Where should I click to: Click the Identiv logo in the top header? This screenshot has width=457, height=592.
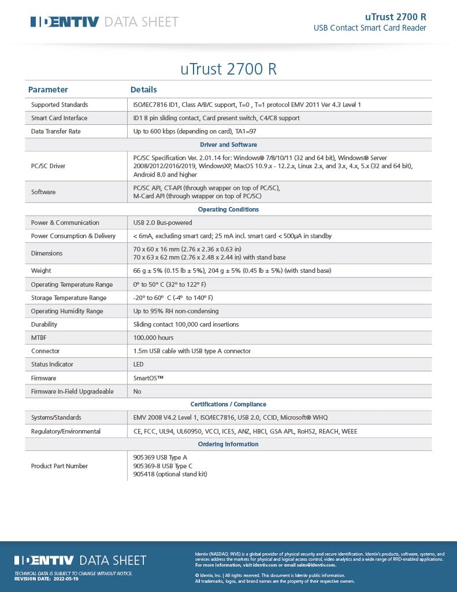pyautogui.click(x=65, y=22)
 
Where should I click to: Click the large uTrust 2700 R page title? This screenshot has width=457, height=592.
pyautogui.click(x=228, y=69)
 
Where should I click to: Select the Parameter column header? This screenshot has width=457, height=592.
pyautogui.click(x=48, y=90)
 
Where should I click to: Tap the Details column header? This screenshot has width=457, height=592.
pyautogui.click(x=143, y=90)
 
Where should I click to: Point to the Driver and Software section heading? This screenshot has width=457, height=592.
pyautogui.click(x=228, y=145)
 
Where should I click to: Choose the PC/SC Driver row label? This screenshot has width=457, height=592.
pyautogui.click(x=48, y=166)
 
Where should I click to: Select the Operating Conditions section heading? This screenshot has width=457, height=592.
pyautogui.click(x=228, y=209)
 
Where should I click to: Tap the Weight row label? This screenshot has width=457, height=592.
pyautogui.click(x=41, y=271)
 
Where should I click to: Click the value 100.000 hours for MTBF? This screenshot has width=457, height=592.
pyautogui.click(x=153, y=338)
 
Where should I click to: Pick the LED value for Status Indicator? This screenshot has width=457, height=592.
pyautogui.click(x=138, y=364)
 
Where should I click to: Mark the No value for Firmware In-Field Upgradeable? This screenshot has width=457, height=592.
pyautogui.click(x=138, y=391)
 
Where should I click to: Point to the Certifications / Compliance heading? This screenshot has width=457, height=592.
pyautogui.click(x=228, y=404)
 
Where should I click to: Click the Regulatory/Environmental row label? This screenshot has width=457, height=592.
pyautogui.click(x=65, y=431)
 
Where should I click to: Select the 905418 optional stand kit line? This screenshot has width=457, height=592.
pyautogui.click(x=170, y=474)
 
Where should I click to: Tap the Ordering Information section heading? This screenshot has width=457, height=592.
pyautogui.click(x=228, y=444)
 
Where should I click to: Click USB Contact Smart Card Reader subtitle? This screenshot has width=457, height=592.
pyautogui.click(x=370, y=28)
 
